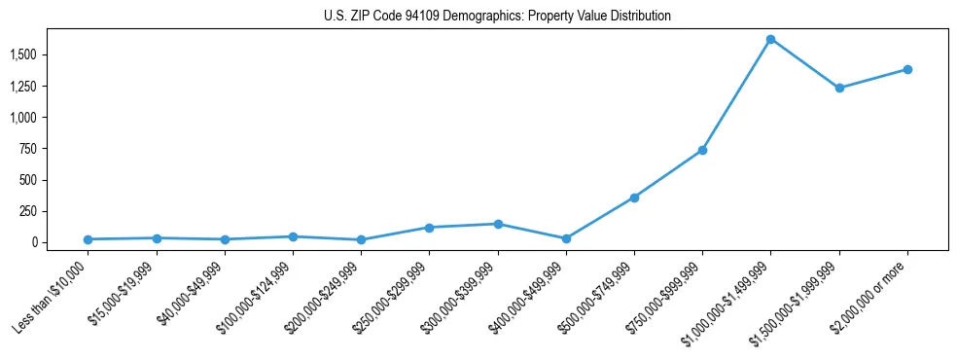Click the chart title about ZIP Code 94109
pyautogui.click(x=497, y=16)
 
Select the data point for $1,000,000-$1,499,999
pyautogui.click(x=770, y=39)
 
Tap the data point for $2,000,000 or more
pyautogui.click(x=907, y=69)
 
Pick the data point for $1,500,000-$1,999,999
pyautogui.click(x=839, y=88)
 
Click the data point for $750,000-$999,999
pyautogui.click(x=702, y=150)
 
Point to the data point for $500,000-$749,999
pyautogui.click(x=634, y=198)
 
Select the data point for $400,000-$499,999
pyautogui.click(x=566, y=238)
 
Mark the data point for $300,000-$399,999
pyautogui.click(x=498, y=224)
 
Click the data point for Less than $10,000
pyautogui.click(x=88, y=239)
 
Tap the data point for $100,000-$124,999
pyautogui.click(x=293, y=236)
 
